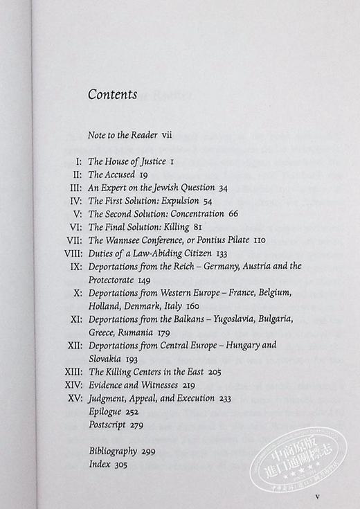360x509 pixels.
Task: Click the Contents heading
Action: coord(112,95)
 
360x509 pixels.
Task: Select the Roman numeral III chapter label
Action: coord(78,188)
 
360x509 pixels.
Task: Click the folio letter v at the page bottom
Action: coord(316,497)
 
